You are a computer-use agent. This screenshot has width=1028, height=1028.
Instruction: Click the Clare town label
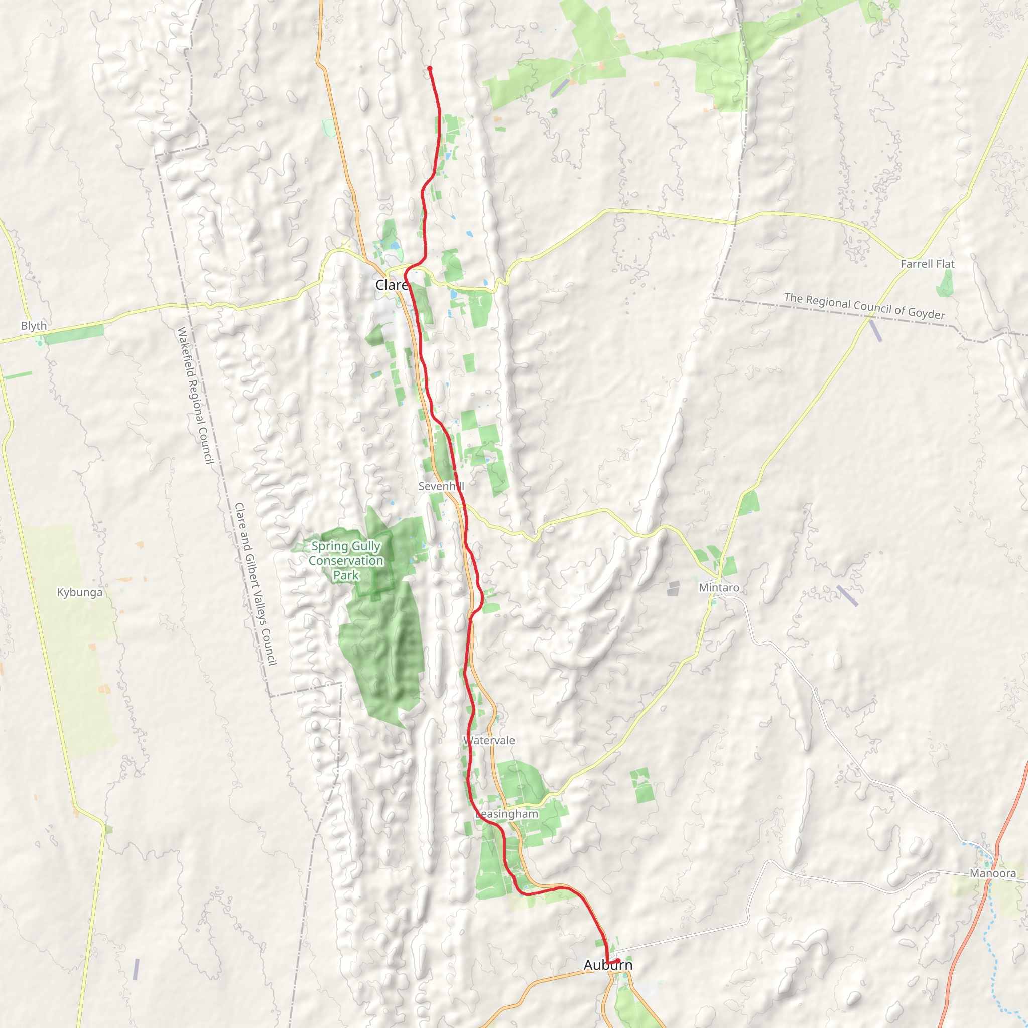point(392,285)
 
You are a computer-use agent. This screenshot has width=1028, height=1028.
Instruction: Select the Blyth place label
point(34,326)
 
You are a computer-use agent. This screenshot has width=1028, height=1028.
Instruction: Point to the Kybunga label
point(80,593)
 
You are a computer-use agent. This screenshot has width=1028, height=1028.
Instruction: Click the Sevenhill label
point(441,486)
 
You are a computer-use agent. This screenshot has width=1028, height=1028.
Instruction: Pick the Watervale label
point(489,741)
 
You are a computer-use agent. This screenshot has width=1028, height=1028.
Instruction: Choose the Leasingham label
point(506,814)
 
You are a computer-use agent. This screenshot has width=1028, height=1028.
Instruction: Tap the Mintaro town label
point(719,588)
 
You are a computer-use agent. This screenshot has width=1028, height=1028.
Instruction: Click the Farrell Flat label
point(928,264)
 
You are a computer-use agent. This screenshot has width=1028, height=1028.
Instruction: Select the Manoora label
point(993,874)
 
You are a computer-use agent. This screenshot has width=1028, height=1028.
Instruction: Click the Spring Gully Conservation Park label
point(346,561)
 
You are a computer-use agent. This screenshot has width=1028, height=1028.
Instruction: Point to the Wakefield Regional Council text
point(195,396)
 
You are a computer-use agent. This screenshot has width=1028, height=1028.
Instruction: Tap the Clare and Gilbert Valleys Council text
point(256,584)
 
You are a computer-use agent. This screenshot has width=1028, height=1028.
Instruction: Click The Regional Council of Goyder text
point(864,306)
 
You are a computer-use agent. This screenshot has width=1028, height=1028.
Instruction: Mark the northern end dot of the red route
point(429,68)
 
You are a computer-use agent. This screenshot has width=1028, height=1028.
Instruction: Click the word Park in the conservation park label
point(346,575)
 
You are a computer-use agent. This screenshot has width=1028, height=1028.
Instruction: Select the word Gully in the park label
point(366,547)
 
